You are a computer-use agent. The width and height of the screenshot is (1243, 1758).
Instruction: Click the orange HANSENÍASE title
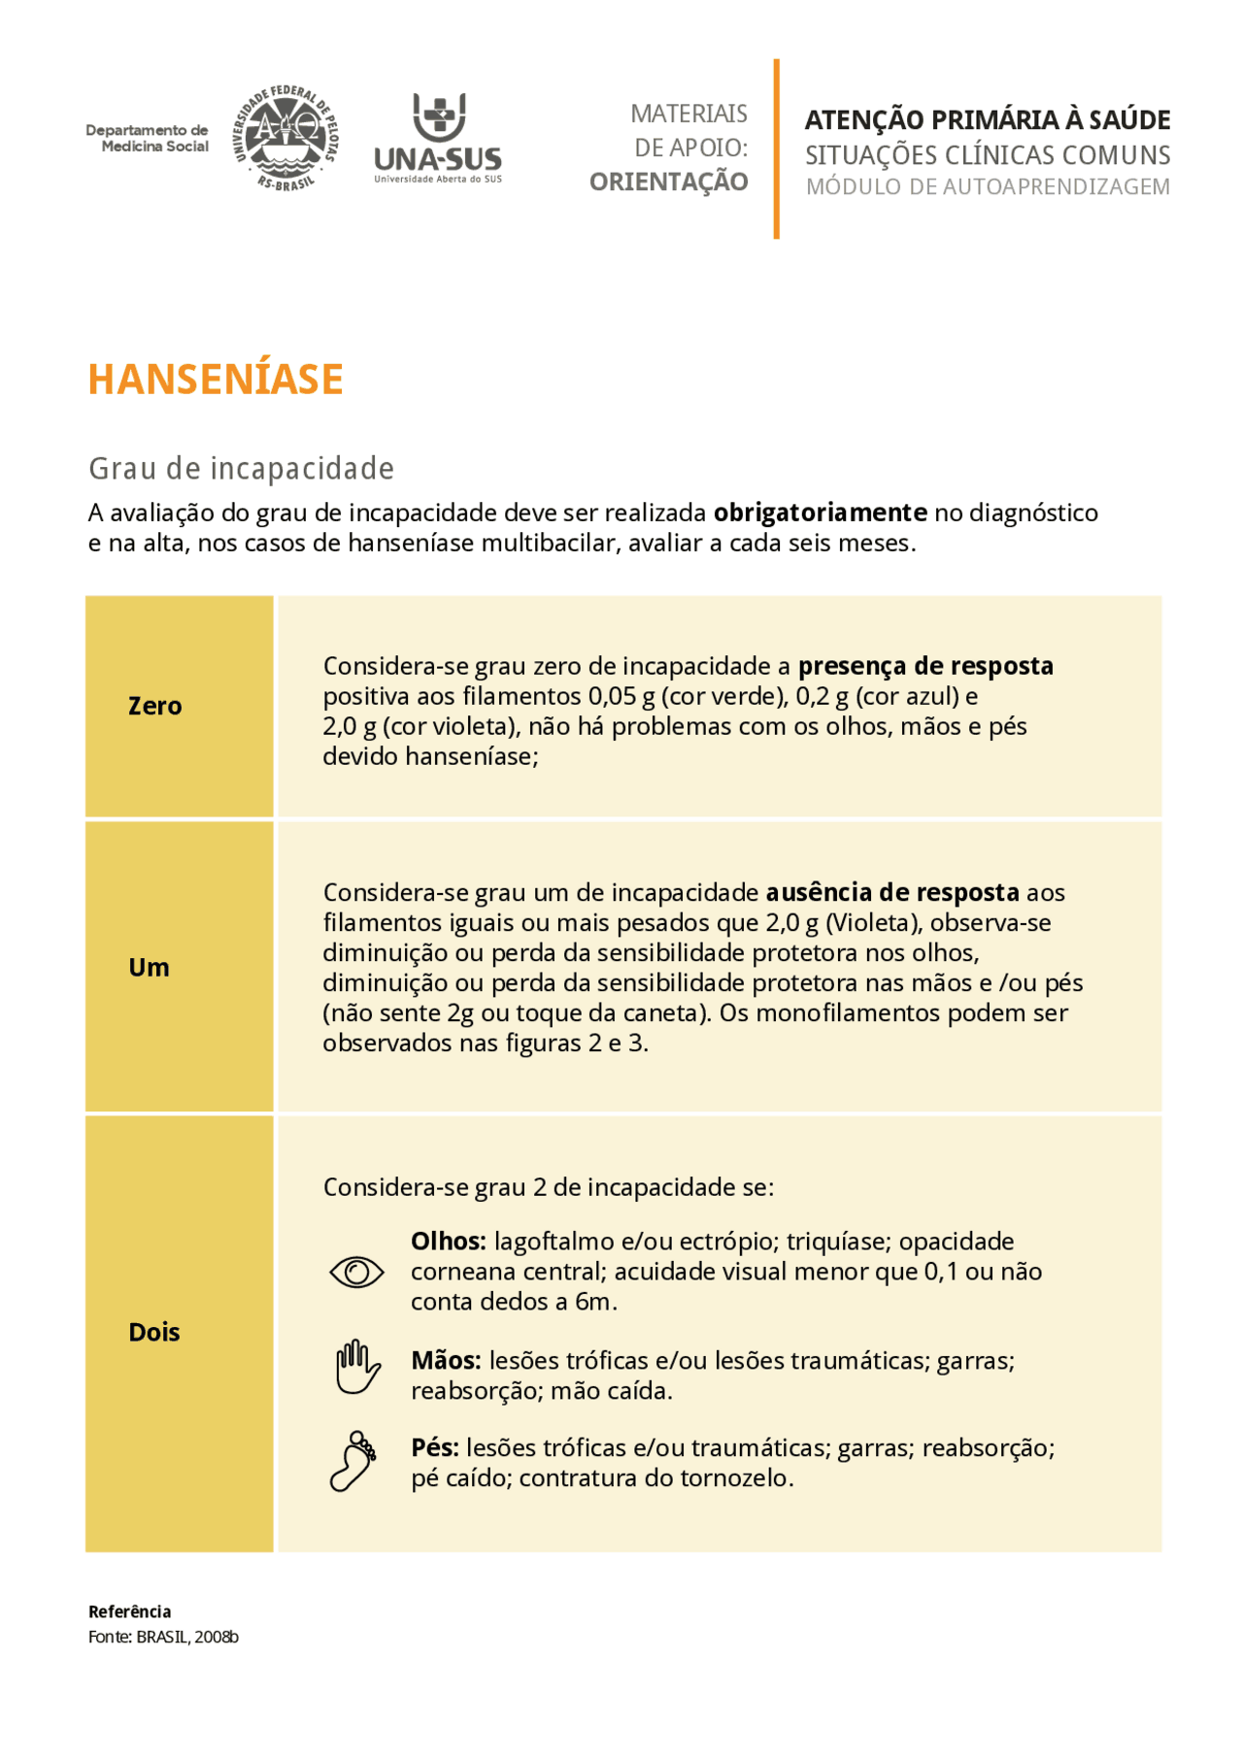(216, 380)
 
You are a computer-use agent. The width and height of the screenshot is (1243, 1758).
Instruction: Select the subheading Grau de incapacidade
(241, 469)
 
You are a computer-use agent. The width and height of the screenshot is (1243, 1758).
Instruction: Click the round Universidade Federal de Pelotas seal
(286, 138)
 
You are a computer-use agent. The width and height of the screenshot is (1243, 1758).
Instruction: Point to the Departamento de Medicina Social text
(148, 138)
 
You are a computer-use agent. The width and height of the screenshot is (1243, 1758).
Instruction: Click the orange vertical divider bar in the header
(776, 149)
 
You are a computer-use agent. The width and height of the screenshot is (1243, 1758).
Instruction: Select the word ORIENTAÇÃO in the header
(669, 182)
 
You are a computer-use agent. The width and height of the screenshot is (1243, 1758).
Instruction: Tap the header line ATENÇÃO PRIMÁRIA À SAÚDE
(988, 119)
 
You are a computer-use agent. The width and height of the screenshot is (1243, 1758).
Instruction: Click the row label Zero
(154, 706)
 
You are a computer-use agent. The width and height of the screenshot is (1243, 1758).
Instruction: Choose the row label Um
(149, 967)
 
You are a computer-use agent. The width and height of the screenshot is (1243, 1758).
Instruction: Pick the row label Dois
(154, 1332)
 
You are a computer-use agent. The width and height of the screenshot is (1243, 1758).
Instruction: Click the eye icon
(356, 1272)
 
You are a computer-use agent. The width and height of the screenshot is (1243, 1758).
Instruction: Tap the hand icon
(356, 1368)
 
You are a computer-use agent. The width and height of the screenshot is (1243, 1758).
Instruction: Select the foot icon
(353, 1461)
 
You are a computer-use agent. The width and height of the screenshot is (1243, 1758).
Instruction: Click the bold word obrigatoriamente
(821, 513)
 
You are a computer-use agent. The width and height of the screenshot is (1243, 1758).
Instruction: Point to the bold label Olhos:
(448, 1242)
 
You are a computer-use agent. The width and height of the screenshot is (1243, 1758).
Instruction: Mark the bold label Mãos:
(446, 1361)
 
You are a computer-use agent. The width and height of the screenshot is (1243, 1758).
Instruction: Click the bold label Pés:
(434, 1448)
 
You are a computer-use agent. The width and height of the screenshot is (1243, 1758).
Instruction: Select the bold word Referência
(129, 1611)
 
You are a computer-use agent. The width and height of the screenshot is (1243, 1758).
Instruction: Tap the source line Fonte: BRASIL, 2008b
(163, 1637)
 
